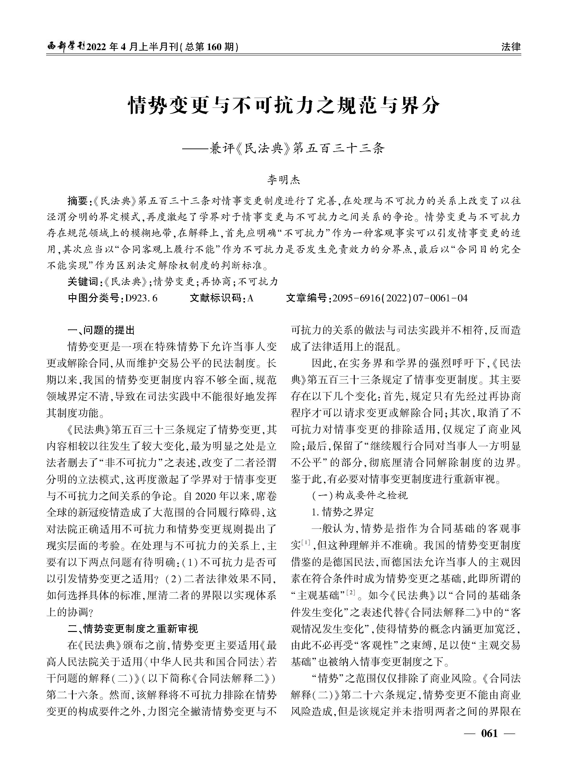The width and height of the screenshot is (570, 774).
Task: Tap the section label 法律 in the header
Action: coord(511,47)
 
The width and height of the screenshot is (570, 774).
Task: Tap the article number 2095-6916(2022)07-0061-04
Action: coord(400,298)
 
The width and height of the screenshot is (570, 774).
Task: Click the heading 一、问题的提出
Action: coord(101,330)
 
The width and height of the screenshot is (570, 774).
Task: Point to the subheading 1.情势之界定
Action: coord(343,512)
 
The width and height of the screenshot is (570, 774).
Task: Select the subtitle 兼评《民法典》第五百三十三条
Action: coord(297,149)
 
